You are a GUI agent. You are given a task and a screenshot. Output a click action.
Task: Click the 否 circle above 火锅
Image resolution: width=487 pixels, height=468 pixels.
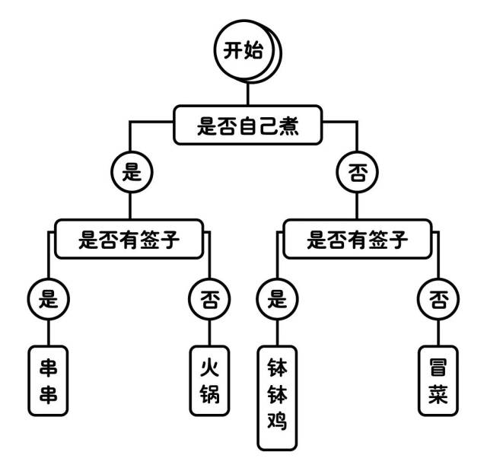(x=209, y=298)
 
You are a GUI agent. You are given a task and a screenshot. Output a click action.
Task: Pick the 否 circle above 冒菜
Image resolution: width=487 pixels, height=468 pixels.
(x=438, y=298)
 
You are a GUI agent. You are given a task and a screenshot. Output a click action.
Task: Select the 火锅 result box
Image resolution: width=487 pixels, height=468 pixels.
(x=209, y=380)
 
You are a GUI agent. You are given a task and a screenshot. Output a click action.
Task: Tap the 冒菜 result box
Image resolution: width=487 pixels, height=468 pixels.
(x=438, y=380)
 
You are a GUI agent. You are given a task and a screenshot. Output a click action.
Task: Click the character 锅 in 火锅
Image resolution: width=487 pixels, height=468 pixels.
(x=209, y=396)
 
